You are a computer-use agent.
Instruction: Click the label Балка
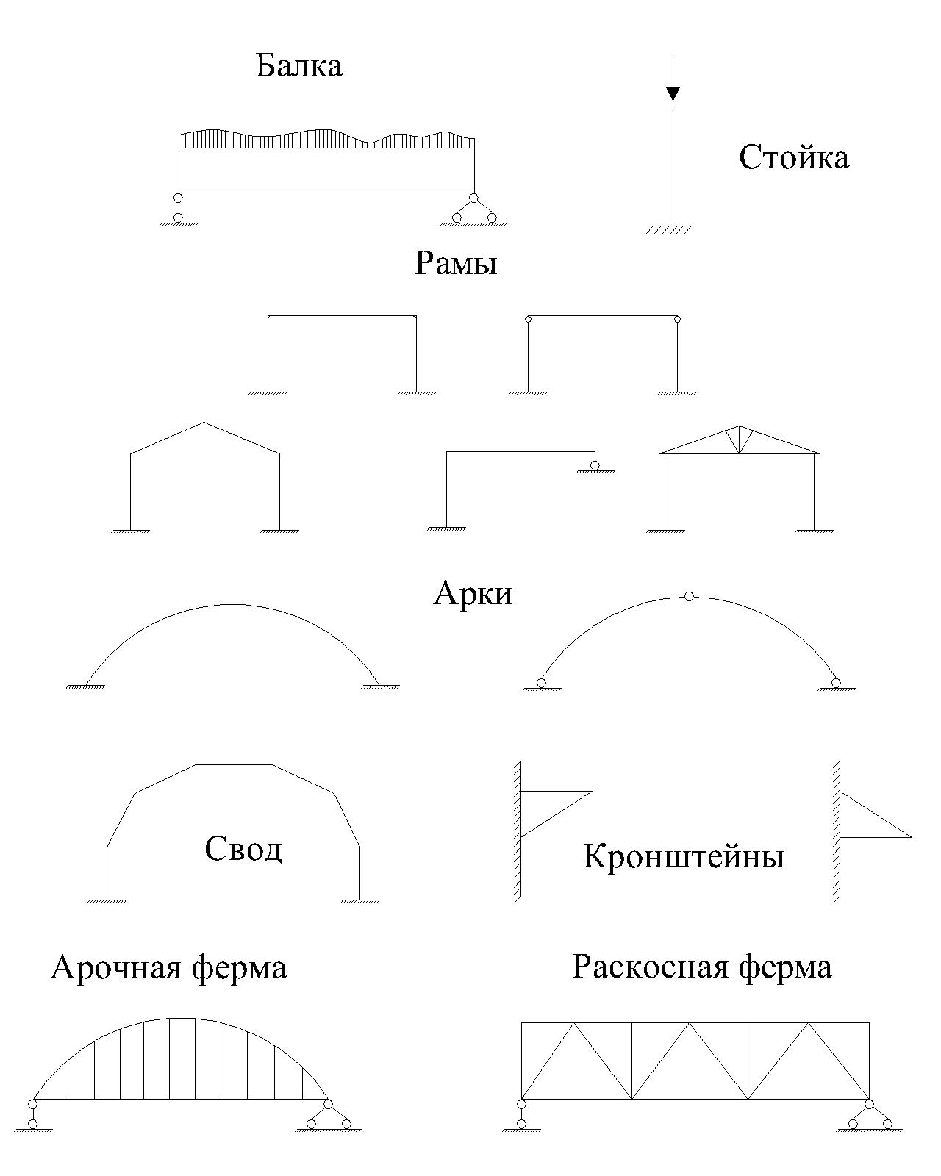pos(298,66)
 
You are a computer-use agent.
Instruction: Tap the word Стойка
pos(793,158)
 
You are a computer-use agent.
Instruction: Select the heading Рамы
pos(456,263)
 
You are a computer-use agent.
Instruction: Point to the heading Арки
pos(472,592)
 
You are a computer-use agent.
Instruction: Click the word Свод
pos(243,849)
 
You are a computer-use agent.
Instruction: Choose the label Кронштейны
pos(684,856)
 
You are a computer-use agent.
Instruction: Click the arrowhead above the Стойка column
pos(673,93)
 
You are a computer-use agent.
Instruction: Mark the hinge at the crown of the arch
pos(689,596)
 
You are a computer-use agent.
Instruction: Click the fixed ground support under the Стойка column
pos(670,229)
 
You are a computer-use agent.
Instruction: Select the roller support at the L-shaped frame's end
pos(594,465)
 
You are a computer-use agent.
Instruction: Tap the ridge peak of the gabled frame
pos(204,423)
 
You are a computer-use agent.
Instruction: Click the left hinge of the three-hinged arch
pos(541,683)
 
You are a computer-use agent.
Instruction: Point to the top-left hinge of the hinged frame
pos(528,319)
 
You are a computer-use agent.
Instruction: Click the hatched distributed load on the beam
pos(326,139)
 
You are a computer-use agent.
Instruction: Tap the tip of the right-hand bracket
pos(911,836)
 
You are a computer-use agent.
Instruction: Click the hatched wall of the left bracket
pos(518,831)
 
